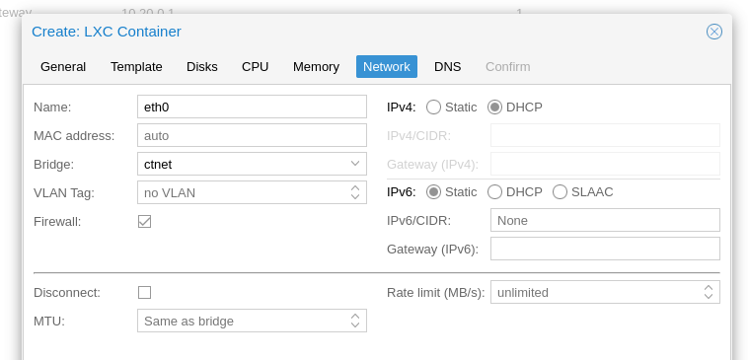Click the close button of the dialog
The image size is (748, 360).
pos(714,32)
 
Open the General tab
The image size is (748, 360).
pos(63,66)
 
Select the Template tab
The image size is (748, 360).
pos(136,66)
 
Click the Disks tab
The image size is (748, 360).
pos(202,66)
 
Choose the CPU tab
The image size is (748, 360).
pos(255,66)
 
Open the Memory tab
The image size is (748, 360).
pos(316,66)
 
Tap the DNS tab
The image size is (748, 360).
pos(447,66)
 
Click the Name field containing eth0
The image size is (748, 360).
pos(252,107)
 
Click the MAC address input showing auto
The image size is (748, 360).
pos(252,135)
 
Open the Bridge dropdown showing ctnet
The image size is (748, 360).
pos(252,164)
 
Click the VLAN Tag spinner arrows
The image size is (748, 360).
pos(355,192)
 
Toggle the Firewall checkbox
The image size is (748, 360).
pos(145,221)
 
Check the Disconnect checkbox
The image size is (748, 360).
pos(145,292)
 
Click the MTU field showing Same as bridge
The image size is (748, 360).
pos(242,321)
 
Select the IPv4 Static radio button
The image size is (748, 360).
pos(434,107)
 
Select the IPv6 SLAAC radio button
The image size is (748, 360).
pos(561,191)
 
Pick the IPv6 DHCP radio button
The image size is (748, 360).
pos(495,191)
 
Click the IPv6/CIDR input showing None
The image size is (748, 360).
pos(604,220)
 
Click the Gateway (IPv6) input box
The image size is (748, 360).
pos(604,249)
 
